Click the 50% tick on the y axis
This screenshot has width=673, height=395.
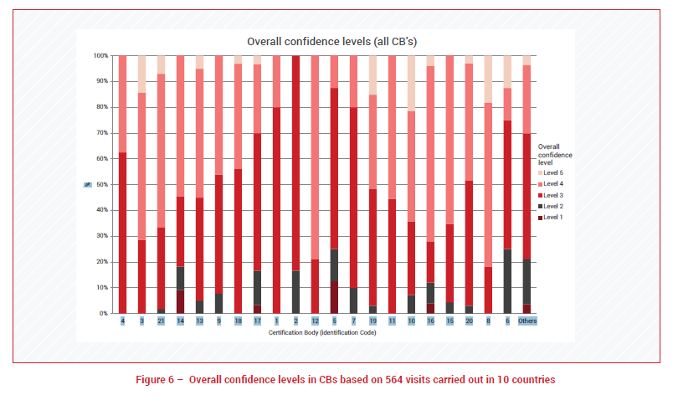101,184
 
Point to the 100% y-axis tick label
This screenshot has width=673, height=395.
100,56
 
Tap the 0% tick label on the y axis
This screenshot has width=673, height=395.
103,313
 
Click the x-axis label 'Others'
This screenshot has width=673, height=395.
527,321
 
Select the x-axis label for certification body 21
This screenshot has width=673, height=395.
161,321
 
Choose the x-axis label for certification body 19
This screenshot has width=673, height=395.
372,321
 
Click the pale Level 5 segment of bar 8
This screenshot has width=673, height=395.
488,80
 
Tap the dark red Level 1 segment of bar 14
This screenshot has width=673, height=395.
180,301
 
